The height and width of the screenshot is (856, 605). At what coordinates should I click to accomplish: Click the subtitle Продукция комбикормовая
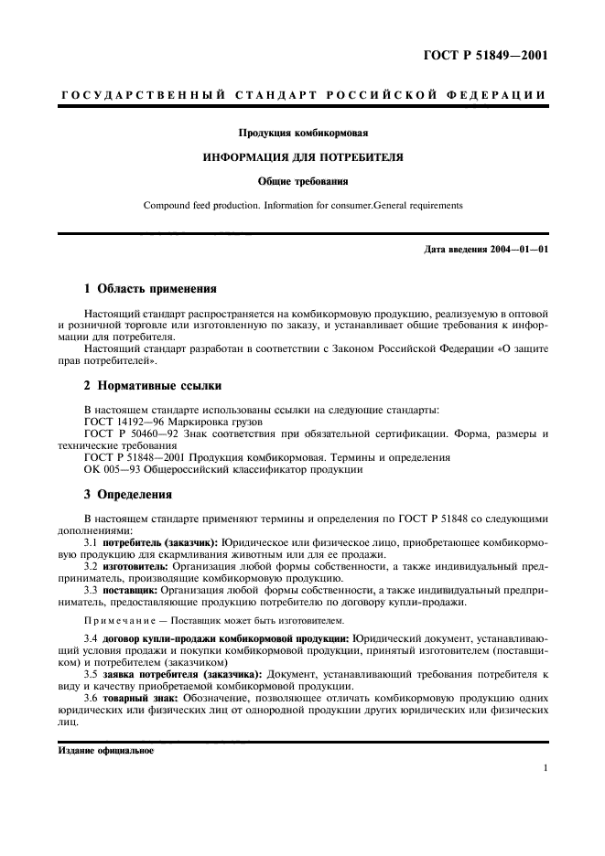303,134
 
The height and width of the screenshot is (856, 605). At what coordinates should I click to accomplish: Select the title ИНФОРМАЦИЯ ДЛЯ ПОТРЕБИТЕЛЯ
303,157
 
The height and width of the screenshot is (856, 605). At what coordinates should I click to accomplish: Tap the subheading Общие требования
303,181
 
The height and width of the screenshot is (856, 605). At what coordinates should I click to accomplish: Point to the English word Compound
167,205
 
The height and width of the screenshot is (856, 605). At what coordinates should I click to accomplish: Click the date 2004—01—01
515,250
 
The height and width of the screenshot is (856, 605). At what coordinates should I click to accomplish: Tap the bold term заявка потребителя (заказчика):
183,674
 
